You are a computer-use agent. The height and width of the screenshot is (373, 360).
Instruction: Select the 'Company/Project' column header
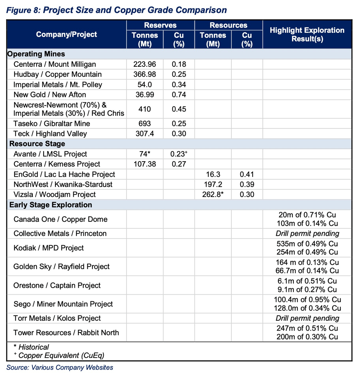pyautogui.click(x=66, y=35)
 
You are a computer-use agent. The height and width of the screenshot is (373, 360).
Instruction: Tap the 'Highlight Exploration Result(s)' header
pyautogui.click(x=307, y=35)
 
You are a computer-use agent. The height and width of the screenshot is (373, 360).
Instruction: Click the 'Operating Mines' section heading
pyautogui.click(x=36, y=54)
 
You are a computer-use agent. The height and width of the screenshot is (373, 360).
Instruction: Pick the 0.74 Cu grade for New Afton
pyautogui.click(x=179, y=94)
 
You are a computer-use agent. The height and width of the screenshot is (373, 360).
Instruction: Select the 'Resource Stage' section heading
pyautogui.click(x=37, y=144)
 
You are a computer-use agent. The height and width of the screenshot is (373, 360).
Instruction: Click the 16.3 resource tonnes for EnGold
pyautogui.click(x=213, y=174)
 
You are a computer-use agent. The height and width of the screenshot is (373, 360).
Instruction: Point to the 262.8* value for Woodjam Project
pyautogui.click(x=213, y=194)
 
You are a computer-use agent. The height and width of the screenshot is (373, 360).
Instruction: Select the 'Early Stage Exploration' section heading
pyautogui.click(x=50, y=205)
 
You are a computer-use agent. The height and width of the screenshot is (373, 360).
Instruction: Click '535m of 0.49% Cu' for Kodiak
pyautogui.click(x=307, y=244)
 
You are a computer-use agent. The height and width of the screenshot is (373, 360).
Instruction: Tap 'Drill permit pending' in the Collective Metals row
pyautogui.click(x=307, y=233)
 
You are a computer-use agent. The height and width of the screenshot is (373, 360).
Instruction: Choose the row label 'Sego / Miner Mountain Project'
pyautogui.click(x=63, y=304)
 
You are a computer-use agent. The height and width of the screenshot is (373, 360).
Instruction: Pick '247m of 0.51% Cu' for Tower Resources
pyautogui.click(x=307, y=328)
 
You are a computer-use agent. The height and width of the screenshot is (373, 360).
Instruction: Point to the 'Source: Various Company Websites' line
pyautogui.click(x=60, y=368)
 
